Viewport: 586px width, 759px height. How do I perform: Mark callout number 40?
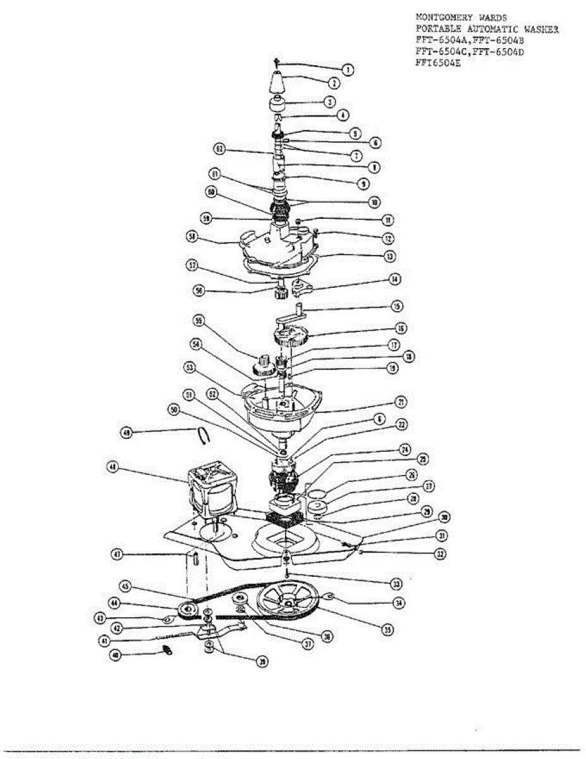point(115,656)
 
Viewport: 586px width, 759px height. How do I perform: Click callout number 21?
point(400,402)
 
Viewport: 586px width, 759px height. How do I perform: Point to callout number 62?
point(219,149)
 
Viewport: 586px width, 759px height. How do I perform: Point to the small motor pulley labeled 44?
point(188,610)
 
